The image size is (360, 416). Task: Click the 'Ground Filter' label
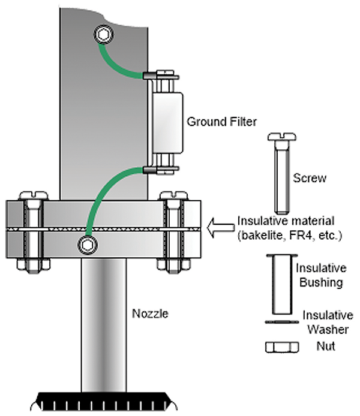tap(214, 122)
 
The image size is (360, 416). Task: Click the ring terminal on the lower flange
tap(89, 244)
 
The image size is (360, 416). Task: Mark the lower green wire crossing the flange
tap(102, 198)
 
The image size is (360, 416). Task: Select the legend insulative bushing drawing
tap(278, 284)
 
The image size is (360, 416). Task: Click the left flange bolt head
tap(30, 196)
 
